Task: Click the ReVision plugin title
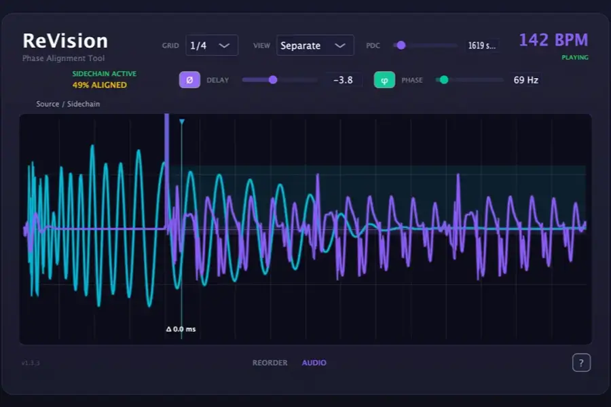(65, 41)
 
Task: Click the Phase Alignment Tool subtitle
(64, 58)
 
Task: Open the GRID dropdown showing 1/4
(211, 45)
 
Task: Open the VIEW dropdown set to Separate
(315, 45)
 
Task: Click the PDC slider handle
(401, 45)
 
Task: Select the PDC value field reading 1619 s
(481, 46)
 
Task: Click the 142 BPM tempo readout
(553, 40)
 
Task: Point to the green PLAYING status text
(574, 58)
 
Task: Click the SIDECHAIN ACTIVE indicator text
(104, 73)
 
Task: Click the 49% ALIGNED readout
(100, 85)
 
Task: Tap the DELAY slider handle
(273, 80)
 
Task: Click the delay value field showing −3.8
(343, 80)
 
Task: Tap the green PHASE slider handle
(444, 80)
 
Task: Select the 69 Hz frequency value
(525, 80)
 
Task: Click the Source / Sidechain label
(68, 104)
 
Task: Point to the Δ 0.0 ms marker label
(181, 329)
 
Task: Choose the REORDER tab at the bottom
(270, 363)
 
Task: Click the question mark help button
(581, 363)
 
